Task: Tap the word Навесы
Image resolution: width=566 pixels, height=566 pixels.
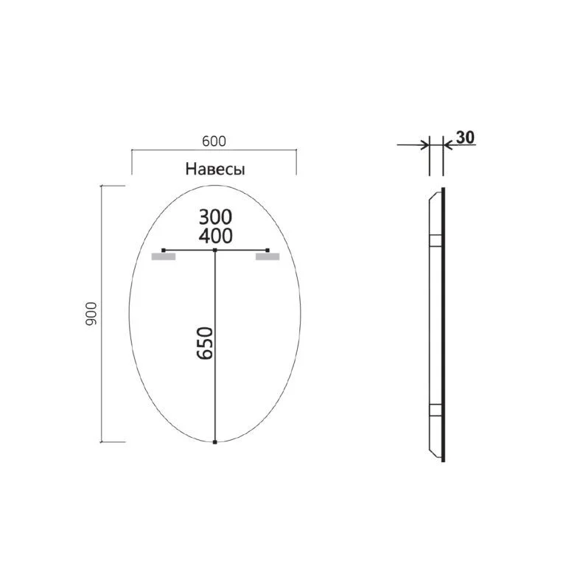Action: point(214,170)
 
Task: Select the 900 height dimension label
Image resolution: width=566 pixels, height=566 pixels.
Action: point(92,315)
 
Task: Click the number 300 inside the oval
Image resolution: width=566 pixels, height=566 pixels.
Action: point(214,217)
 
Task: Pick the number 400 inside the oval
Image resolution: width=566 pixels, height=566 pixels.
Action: point(214,236)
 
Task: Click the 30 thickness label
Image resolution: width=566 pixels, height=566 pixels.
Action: point(465,137)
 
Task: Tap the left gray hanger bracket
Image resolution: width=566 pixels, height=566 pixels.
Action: point(163,258)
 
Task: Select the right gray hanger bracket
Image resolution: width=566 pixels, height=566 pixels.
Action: point(267,258)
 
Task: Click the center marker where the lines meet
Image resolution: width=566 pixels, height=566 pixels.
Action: point(214,251)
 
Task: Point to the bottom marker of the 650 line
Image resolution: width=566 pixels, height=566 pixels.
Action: point(214,443)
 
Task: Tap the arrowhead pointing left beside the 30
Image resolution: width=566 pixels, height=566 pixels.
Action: point(447,144)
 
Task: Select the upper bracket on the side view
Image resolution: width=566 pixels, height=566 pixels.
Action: point(436,240)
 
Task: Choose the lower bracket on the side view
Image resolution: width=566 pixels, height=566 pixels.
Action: point(436,411)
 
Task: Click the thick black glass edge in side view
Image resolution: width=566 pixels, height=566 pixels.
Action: point(444,324)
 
